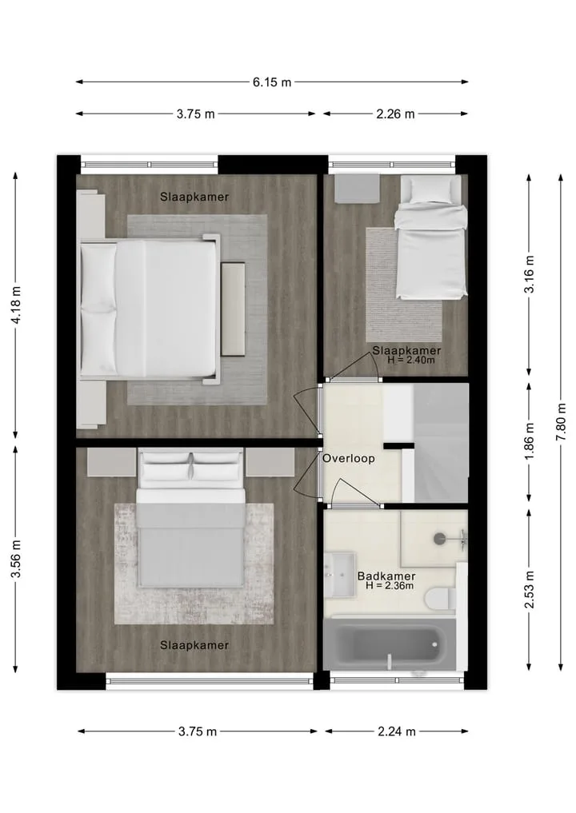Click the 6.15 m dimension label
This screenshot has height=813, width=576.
(272, 82)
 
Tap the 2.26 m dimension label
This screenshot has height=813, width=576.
(395, 114)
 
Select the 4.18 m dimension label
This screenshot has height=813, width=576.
(16, 305)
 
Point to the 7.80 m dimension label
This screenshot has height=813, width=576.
(561, 422)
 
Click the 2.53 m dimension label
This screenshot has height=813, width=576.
(530, 589)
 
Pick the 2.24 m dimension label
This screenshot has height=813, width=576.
(397, 731)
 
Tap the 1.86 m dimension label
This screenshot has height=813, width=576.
(530, 441)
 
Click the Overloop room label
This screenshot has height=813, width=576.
(349, 458)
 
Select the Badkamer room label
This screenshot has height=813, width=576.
(386, 576)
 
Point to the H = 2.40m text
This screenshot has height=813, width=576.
(411, 360)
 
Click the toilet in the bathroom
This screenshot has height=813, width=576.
(440, 600)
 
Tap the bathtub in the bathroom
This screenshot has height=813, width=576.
(389, 644)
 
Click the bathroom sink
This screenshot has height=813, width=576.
(339, 575)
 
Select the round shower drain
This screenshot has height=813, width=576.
(440, 539)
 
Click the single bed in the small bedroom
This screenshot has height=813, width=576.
(430, 237)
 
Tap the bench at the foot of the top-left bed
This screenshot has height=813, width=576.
(233, 309)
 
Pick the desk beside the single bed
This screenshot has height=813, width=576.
(357, 189)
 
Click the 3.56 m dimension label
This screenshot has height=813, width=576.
(16, 559)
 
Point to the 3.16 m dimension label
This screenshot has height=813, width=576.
(530, 274)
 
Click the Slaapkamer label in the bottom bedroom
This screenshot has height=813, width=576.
(194, 645)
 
